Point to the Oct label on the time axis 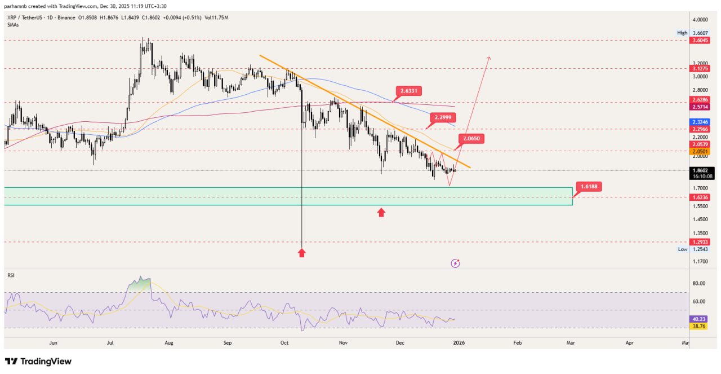coord(284,342)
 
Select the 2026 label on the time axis coord(459,342)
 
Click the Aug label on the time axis coord(168,342)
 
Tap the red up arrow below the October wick coord(302,253)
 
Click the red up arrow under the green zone coord(381,212)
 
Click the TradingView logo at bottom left coord(38,361)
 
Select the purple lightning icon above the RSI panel coord(456,263)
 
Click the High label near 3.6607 coord(682,33)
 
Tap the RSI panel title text coord(11,275)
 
